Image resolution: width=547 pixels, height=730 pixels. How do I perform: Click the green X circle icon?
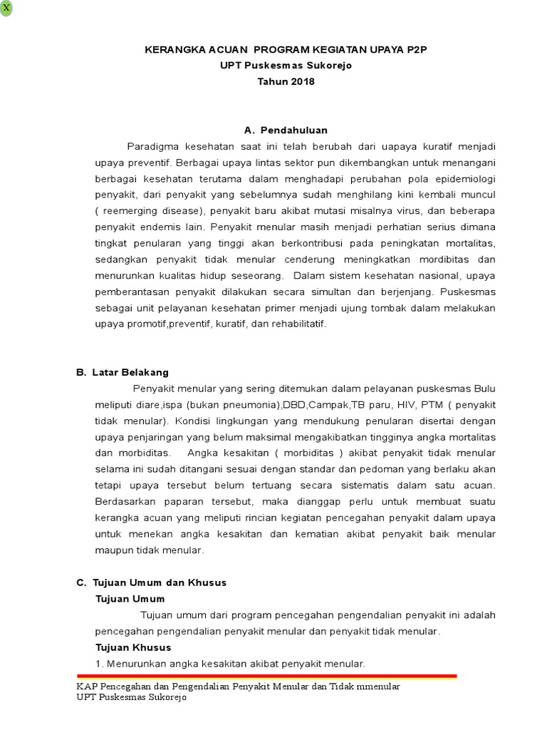(x=6, y=8)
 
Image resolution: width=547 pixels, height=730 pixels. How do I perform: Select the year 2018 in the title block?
(x=300, y=81)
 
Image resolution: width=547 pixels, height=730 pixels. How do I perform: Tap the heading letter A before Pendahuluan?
(x=249, y=130)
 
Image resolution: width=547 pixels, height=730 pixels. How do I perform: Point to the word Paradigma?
(x=151, y=146)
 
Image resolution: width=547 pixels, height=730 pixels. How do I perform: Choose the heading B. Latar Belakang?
(x=123, y=372)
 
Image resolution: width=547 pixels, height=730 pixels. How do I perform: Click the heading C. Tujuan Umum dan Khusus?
(x=151, y=582)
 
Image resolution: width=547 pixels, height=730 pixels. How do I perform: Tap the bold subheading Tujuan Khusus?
(x=133, y=647)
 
